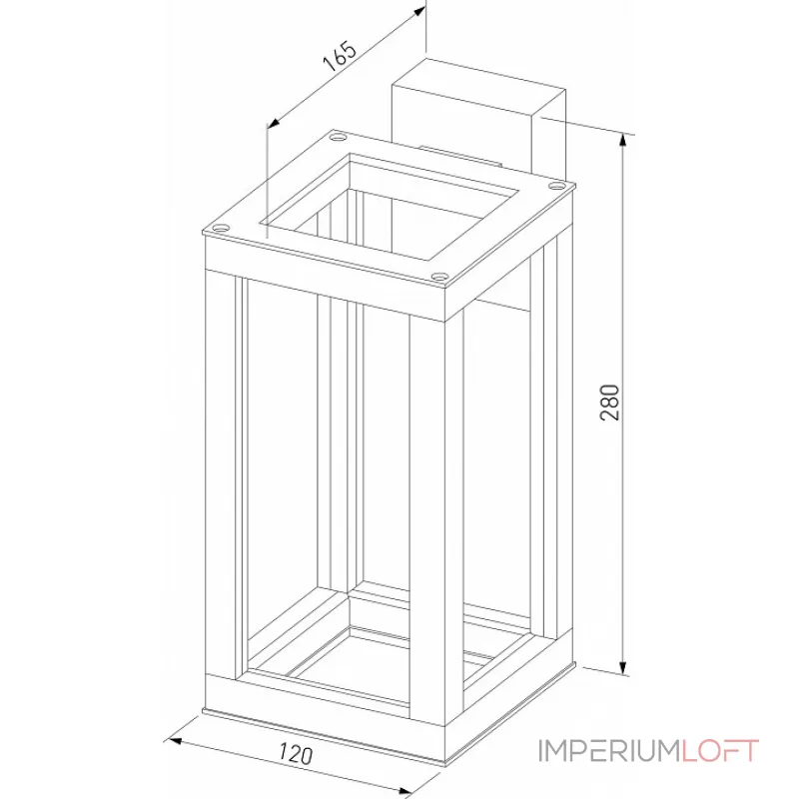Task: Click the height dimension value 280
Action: (612, 401)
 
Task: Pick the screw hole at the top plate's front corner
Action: (439, 278)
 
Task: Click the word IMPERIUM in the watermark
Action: (610, 751)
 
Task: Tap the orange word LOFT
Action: (720, 751)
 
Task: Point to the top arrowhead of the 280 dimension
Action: (625, 141)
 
